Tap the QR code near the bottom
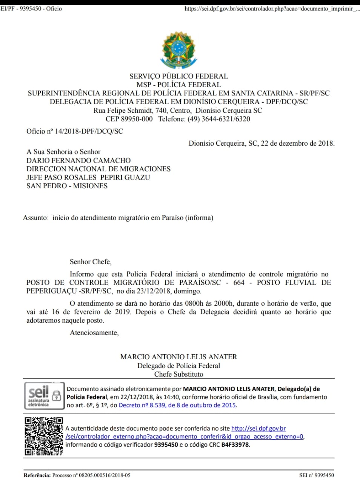(x=44, y=436)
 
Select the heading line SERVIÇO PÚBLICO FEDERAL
(x=178, y=76)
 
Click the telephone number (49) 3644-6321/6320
(x=219, y=119)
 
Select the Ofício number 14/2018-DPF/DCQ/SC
(x=89, y=131)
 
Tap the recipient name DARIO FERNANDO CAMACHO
(x=78, y=160)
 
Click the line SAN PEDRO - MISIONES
(x=67, y=186)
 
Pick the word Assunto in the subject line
(x=35, y=218)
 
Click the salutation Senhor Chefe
(x=91, y=261)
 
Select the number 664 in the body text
(x=239, y=282)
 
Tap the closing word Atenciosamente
(x=94, y=332)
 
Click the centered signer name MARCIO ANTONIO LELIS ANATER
(x=178, y=357)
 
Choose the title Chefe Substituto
(x=178, y=374)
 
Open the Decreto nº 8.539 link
(x=177, y=405)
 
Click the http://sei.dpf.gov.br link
(x=258, y=428)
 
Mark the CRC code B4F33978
(x=235, y=445)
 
